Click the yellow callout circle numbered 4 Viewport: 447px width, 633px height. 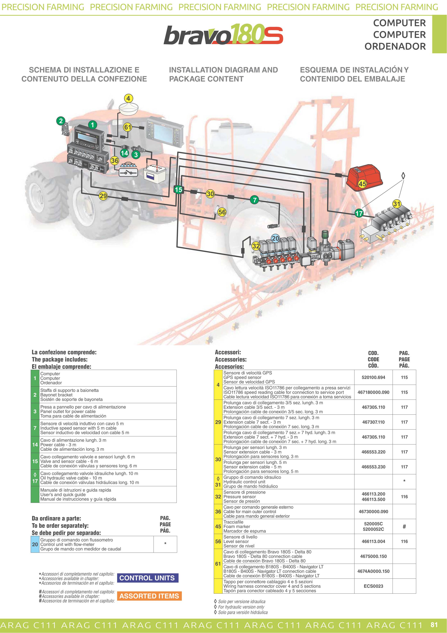pyautogui.click(x=128, y=98)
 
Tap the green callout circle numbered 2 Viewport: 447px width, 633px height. pyautogui.click(x=61, y=121)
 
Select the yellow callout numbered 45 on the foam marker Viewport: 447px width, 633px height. pyautogui.click(x=362, y=184)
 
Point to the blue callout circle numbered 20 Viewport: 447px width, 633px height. pyautogui.click(x=275, y=238)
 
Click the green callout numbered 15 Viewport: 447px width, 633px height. pyautogui.click(x=179, y=190)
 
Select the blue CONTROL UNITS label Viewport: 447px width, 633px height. pyautogui.click(x=147, y=578)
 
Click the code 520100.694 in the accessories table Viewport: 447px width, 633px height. pyautogui.click(x=373, y=377)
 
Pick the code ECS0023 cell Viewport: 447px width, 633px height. pyautogui.click(x=373, y=586)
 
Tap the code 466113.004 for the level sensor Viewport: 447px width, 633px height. pyautogui.click(x=373, y=541)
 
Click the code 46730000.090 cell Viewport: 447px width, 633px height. pyautogui.click(x=373, y=511)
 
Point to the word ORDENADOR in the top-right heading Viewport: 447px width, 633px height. pyautogui.click(x=395, y=46)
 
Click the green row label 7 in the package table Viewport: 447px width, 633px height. pyautogui.click(x=35, y=428)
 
